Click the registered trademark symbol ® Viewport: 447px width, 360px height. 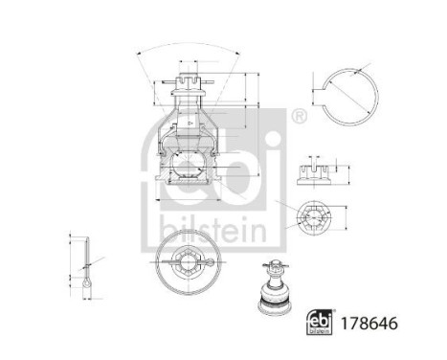299,117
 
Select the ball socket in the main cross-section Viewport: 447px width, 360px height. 188,153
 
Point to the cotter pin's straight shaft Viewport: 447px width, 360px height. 86,254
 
